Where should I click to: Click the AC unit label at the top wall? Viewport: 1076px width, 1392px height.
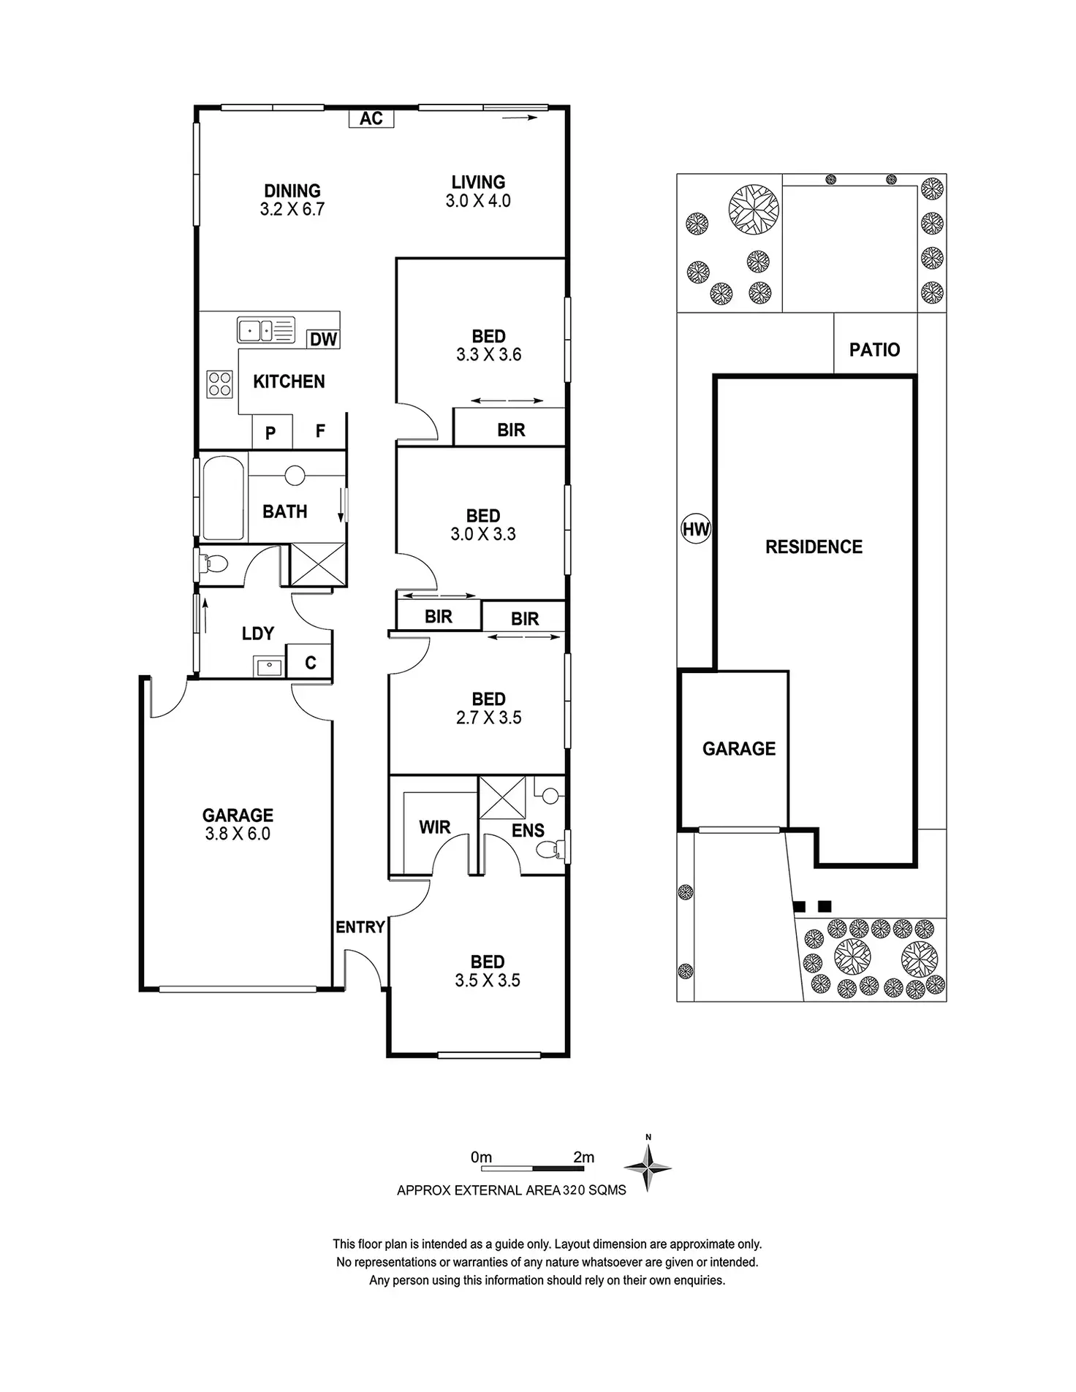pyautogui.click(x=371, y=118)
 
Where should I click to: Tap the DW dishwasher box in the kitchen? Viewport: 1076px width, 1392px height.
pyautogui.click(x=323, y=339)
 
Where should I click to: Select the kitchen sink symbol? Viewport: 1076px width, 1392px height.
pyautogui.click(x=265, y=330)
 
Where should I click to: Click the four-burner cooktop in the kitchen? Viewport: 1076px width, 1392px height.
pyautogui.click(x=220, y=384)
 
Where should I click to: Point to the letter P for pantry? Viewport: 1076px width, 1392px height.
pyautogui.click(x=270, y=433)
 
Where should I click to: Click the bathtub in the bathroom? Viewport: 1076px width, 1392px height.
pyautogui.click(x=222, y=498)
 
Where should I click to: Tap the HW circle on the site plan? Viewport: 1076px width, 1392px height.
pyautogui.click(x=695, y=528)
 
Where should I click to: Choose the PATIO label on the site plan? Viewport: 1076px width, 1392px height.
pyautogui.click(x=874, y=349)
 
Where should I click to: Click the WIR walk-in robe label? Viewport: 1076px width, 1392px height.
pyautogui.click(x=434, y=827)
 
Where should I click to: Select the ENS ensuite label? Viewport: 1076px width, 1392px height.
pyautogui.click(x=528, y=830)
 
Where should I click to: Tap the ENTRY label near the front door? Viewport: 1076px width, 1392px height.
pyautogui.click(x=360, y=927)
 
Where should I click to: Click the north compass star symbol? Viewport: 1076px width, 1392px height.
pyautogui.click(x=648, y=1167)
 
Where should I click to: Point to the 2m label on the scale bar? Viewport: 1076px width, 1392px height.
pyautogui.click(x=584, y=1157)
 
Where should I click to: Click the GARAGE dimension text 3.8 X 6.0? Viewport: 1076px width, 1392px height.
pyautogui.click(x=238, y=834)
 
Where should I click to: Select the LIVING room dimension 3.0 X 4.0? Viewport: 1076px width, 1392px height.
pyautogui.click(x=478, y=201)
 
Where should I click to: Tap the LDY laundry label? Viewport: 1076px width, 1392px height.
pyautogui.click(x=257, y=634)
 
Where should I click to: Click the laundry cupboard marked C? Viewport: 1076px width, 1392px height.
pyautogui.click(x=310, y=662)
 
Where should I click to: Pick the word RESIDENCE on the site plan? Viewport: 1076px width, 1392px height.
pyautogui.click(x=814, y=547)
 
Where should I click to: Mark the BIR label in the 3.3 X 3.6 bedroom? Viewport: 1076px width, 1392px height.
pyautogui.click(x=511, y=430)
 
